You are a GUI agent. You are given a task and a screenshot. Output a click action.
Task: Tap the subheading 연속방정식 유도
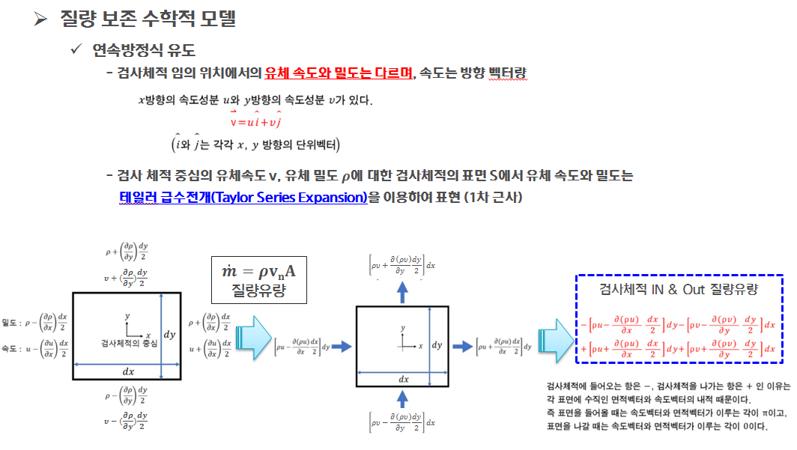[144, 51]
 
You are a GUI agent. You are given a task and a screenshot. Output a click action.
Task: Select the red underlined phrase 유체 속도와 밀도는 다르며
[339, 73]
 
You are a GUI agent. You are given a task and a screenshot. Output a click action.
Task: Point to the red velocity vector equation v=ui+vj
[260, 122]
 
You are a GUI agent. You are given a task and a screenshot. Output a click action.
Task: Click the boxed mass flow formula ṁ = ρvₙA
[259, 271]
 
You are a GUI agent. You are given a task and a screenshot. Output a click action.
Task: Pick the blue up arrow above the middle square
[401, 293]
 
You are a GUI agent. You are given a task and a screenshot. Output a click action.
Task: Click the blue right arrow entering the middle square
[342, 346]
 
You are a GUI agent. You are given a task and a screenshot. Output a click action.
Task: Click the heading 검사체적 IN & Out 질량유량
[679, 289]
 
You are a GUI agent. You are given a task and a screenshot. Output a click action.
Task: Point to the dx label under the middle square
[403, 379]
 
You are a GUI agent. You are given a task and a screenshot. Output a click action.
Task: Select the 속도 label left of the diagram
[14, 349]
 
